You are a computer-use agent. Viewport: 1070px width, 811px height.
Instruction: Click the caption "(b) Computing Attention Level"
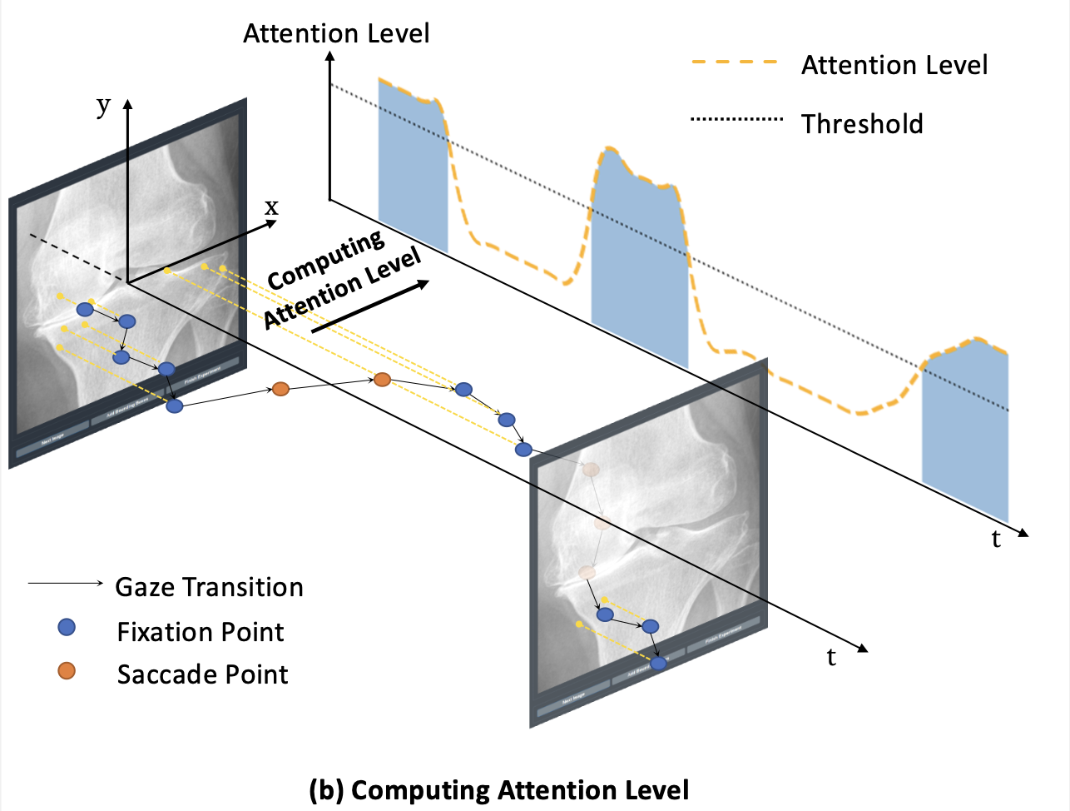(498, 789)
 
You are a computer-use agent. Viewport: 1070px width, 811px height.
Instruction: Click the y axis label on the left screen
(103, 106)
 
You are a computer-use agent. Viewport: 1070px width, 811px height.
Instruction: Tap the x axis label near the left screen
(271, 206)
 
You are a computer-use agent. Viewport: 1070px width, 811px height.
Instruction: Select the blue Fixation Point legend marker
(67, 628)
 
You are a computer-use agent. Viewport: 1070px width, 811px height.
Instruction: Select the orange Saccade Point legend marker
(67, 670)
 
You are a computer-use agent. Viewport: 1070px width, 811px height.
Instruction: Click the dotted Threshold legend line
(736, 119)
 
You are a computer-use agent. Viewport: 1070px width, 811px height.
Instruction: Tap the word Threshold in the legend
(862, 124)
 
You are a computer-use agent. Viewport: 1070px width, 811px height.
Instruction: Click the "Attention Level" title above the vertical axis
(336, 33)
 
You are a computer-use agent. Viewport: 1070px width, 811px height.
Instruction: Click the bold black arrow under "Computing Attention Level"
(371, 307)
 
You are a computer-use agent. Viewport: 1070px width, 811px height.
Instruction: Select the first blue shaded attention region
(413, 167)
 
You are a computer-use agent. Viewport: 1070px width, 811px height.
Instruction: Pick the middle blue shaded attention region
(639, 258)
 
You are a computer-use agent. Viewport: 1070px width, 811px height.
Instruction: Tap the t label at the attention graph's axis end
(996, 540)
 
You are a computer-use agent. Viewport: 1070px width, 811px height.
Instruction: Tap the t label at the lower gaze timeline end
(831, 658)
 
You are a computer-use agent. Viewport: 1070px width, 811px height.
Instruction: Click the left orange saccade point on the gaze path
(281, 388)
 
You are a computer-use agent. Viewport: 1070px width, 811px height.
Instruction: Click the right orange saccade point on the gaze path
(382, 380)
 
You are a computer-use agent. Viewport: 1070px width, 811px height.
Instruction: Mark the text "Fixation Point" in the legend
(201, 632)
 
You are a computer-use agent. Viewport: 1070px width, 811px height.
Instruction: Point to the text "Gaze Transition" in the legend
(209, 587)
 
